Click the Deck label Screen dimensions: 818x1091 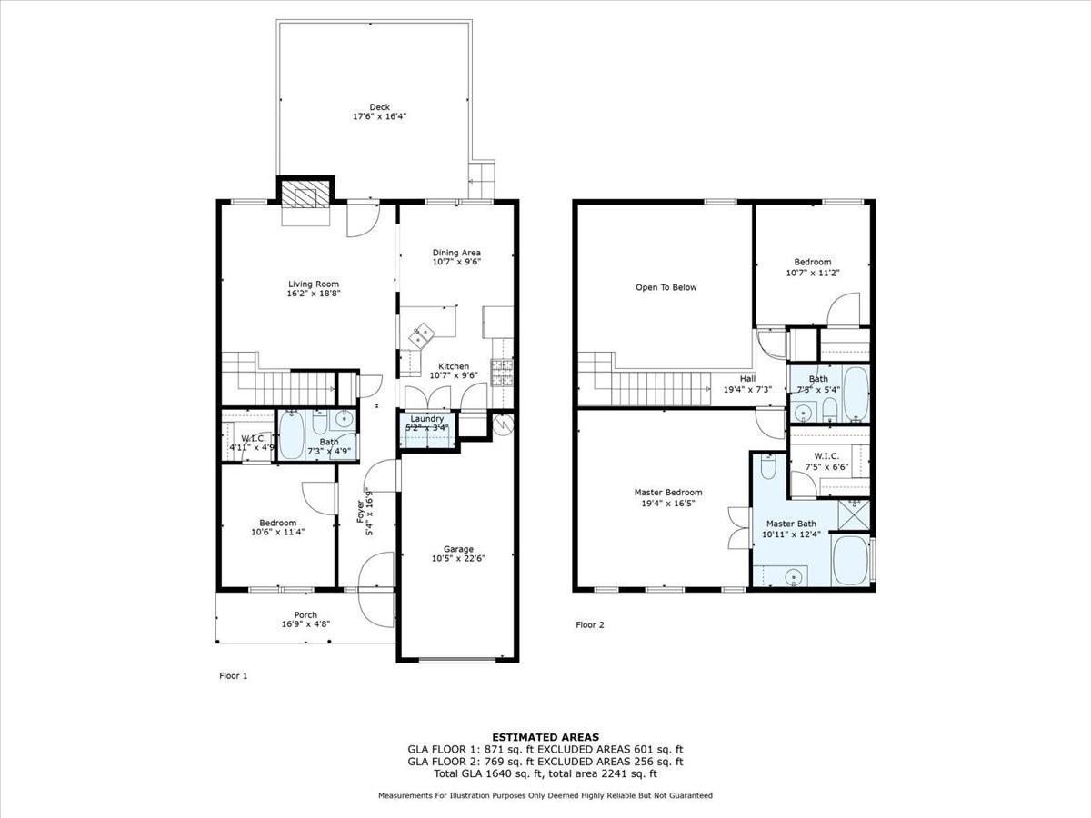click(x=379, y=106)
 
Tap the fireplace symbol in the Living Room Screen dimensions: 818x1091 click(x=304, y=196)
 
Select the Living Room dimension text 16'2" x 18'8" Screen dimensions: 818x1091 click(x=314, y=294)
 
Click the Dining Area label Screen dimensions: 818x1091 click(x=456, y=252)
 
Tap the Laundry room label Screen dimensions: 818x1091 click(x=426, y=419)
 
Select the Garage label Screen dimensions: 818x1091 click(x=458, y=548)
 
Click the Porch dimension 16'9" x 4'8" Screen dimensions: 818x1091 click(x=305, y=624)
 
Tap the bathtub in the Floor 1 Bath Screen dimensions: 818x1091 click(x=292, y=435)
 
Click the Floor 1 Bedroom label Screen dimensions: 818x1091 click(x=277, y=523)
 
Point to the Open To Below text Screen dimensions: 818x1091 click(x=666, y=287)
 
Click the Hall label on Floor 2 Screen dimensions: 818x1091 click(x=747, y=378)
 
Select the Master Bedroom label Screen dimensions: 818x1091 click(x=668, y=493)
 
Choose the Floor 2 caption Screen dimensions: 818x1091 click(x=589, y=624)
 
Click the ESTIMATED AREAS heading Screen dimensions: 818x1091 click(x=545, y=736)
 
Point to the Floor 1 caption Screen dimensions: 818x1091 click(x=234, y=675)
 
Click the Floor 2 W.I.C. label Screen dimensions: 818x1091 click(x=826, y=455)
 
